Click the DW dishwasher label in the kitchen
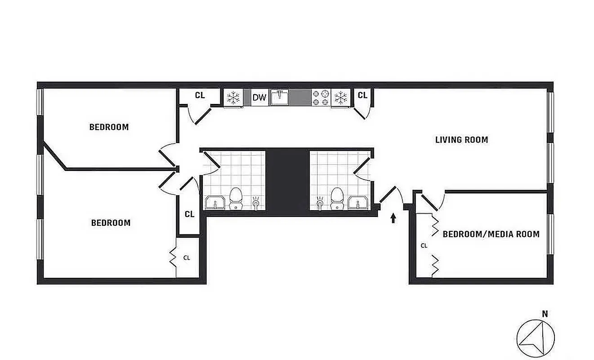(x=259, y=97)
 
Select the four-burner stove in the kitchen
(x=321, y=97)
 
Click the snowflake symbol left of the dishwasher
(x=233, y=97)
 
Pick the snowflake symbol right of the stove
(x=341, y=97)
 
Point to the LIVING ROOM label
(x=461, y=139)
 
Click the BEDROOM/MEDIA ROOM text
(x=491, y=234)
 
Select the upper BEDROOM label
(x=109, y=127)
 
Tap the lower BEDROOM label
(x=111, y=223)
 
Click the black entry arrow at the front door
(x=393, y=218)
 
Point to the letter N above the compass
(x=545, y=314)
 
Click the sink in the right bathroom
(x=358, y=203)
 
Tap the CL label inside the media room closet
(x=424, y=246)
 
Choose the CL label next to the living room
(x=362, y=95)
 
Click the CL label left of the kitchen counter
(x=200, y=95)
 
